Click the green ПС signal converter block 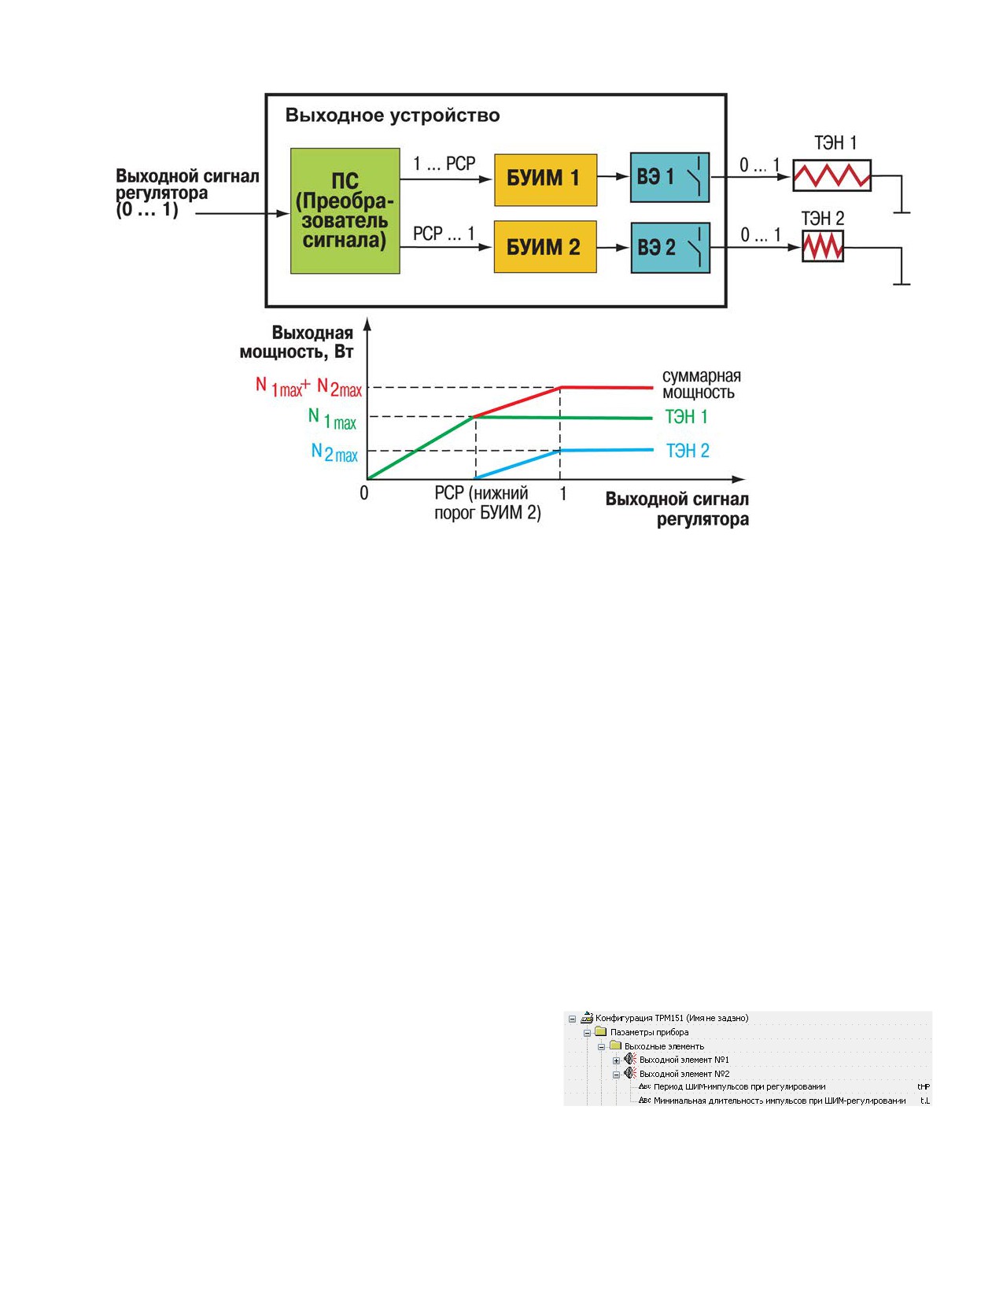345,211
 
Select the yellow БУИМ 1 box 545,180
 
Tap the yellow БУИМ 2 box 545,247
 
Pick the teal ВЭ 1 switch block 669,178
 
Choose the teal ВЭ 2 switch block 670,248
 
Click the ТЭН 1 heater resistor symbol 832,175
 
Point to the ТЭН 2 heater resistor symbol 823,245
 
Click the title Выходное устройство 393,116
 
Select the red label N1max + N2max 309,387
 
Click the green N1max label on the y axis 332,419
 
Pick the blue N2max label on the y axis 334,453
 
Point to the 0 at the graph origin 363,493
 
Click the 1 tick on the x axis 562,493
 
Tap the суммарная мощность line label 702,384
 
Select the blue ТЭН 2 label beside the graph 688,451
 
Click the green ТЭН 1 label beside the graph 687,417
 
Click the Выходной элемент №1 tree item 684,1076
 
